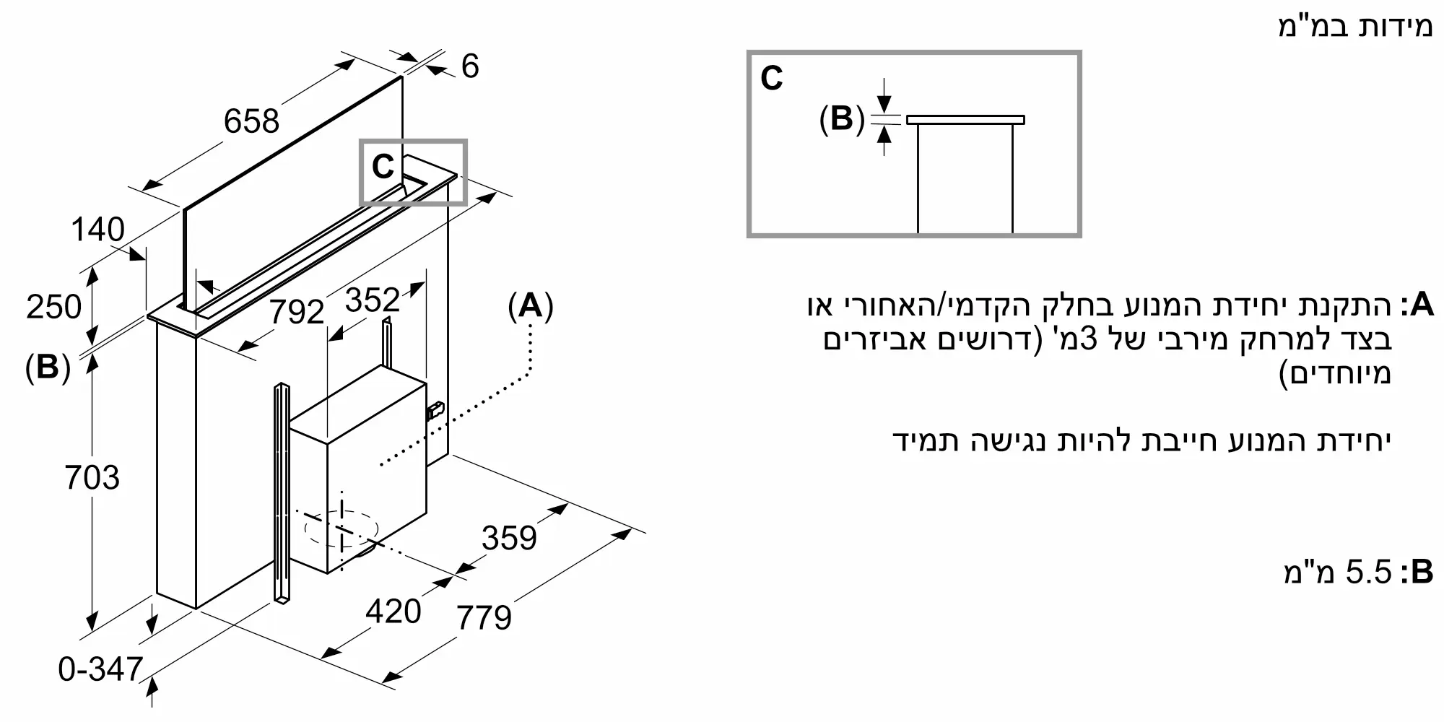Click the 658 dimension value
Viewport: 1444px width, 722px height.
tap(251, 121)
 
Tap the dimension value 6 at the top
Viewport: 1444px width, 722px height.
tap(469, 66)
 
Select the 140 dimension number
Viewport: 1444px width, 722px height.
tap(97, 230)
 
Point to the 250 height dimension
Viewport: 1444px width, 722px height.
tap(53, 308)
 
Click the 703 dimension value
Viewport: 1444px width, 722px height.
tap(92, 478)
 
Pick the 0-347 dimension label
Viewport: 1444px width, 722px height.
tap(101, 670)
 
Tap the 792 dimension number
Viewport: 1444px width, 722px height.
tap(297, 312)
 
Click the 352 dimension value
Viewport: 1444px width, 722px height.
tap(372, 300)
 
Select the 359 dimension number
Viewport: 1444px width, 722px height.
tap(509, 539)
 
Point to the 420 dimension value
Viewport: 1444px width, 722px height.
tap(393, 612)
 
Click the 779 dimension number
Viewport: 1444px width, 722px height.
tap(484, 618)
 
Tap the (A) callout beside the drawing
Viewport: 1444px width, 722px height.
tap(531, 307)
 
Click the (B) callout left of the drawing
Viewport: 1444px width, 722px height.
tap(48, 367)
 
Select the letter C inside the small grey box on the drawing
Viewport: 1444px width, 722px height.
tap(382, 168)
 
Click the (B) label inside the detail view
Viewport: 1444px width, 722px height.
tap(842, 118)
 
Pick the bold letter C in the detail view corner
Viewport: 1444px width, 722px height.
tap(772, 78)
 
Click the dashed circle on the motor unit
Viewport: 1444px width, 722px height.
tap(342, 529)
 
